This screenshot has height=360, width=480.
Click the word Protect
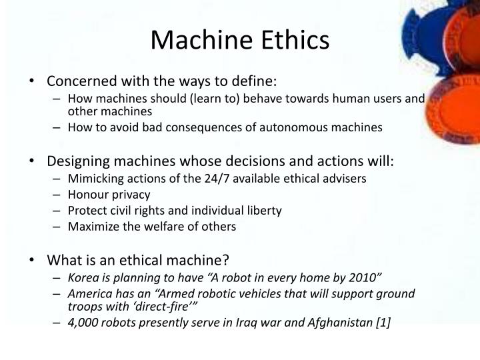point(86,211)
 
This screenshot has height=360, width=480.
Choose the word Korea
point(83,277)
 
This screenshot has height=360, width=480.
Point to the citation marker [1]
point(383,323)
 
